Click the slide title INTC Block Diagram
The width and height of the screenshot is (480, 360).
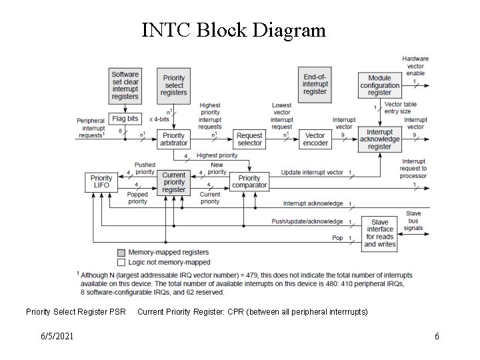point(233,30)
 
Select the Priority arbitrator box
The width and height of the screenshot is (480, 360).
point(173,139)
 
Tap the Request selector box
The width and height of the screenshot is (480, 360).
point(249,139)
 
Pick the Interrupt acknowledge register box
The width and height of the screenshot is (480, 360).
point(379,139)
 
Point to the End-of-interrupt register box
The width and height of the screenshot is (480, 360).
point(315,84)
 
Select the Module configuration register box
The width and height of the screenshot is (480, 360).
point(379,85)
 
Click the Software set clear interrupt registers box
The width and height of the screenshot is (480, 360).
point(125,85)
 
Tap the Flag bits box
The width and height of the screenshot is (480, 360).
point(125,119)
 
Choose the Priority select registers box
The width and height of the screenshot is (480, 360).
point(173,85)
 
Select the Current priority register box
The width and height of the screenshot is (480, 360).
point(174,182)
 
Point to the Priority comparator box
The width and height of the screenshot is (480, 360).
point(249,182)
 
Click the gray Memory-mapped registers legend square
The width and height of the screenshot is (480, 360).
point(120,253)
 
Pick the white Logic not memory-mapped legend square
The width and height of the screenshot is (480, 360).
point(120,262)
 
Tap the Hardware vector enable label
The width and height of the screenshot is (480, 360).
point(415,65)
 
